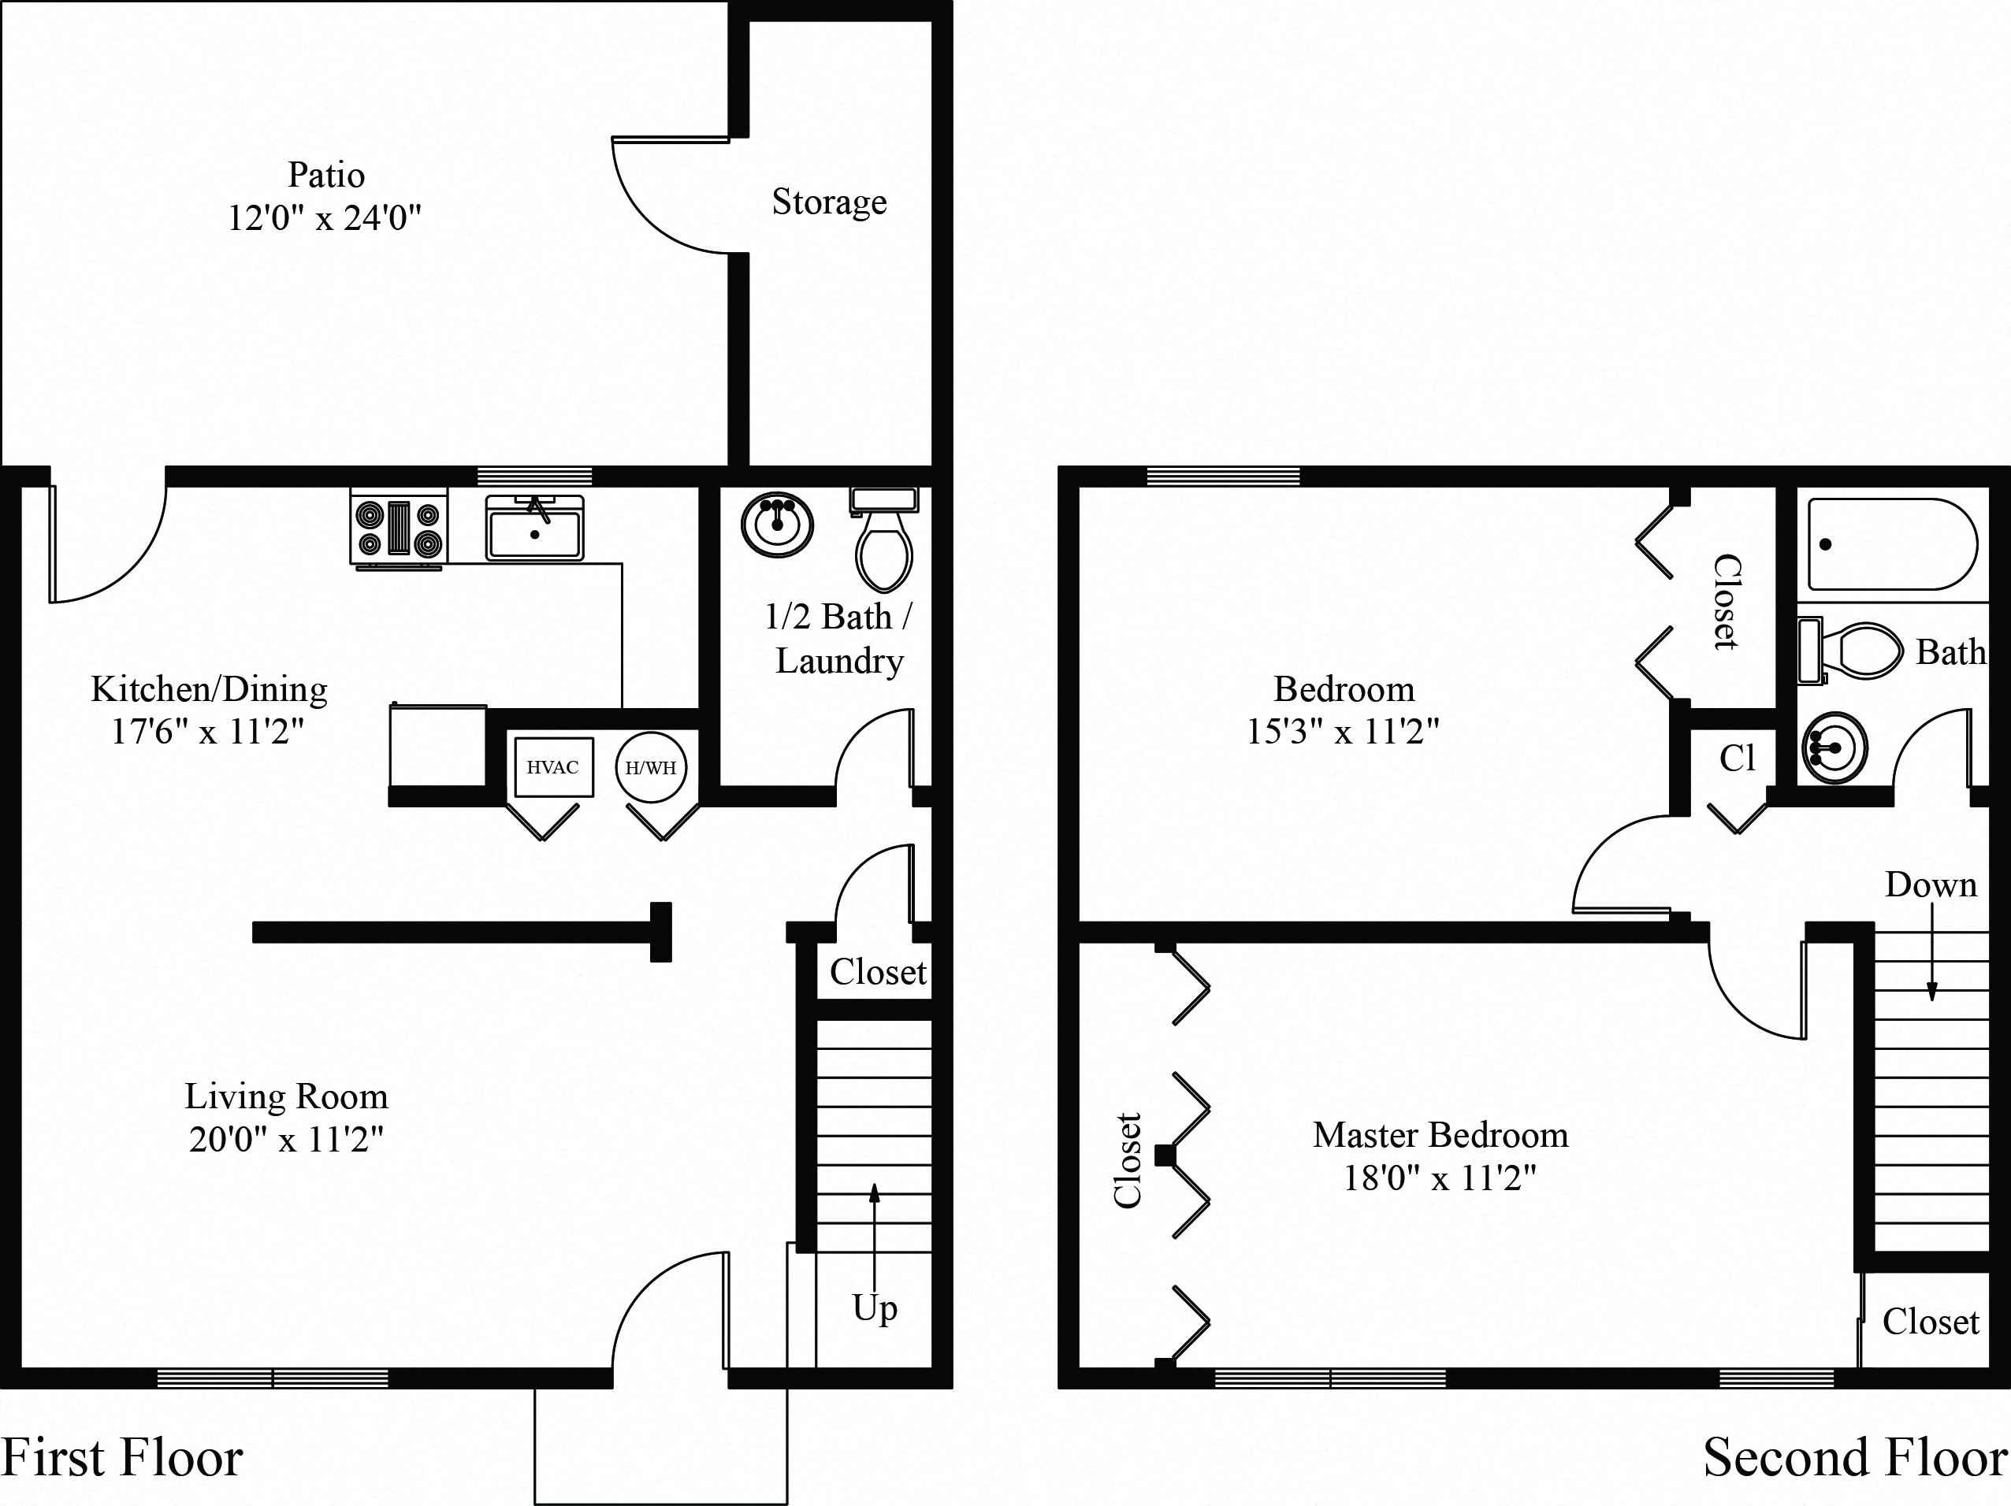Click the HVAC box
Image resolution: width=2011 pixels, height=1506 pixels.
coord(552,767)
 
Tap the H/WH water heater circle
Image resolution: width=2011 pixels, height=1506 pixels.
coord(651,768)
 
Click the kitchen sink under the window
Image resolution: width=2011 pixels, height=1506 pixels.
coord(534,531)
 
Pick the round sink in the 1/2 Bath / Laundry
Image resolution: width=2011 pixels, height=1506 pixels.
coord(776,525)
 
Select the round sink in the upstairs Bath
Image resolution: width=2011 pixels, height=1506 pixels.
coord(1834,748)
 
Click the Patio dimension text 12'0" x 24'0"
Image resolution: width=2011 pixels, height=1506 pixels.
coord(325,218)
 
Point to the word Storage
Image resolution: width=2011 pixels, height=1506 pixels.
coord(829,202)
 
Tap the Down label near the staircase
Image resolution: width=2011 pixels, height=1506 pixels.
coord(1930,885)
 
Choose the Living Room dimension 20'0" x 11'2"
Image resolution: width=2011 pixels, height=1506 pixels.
coord(286,1139)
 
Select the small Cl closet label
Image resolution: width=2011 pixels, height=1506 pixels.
coord(1737,758)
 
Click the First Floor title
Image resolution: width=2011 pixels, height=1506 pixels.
coord(122,1458)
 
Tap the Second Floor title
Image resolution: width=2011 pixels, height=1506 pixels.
coord(1855,1458)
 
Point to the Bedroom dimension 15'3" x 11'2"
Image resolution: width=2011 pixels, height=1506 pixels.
coord(1343,731)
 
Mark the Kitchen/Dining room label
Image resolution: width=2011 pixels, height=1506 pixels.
coord(209,689)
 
